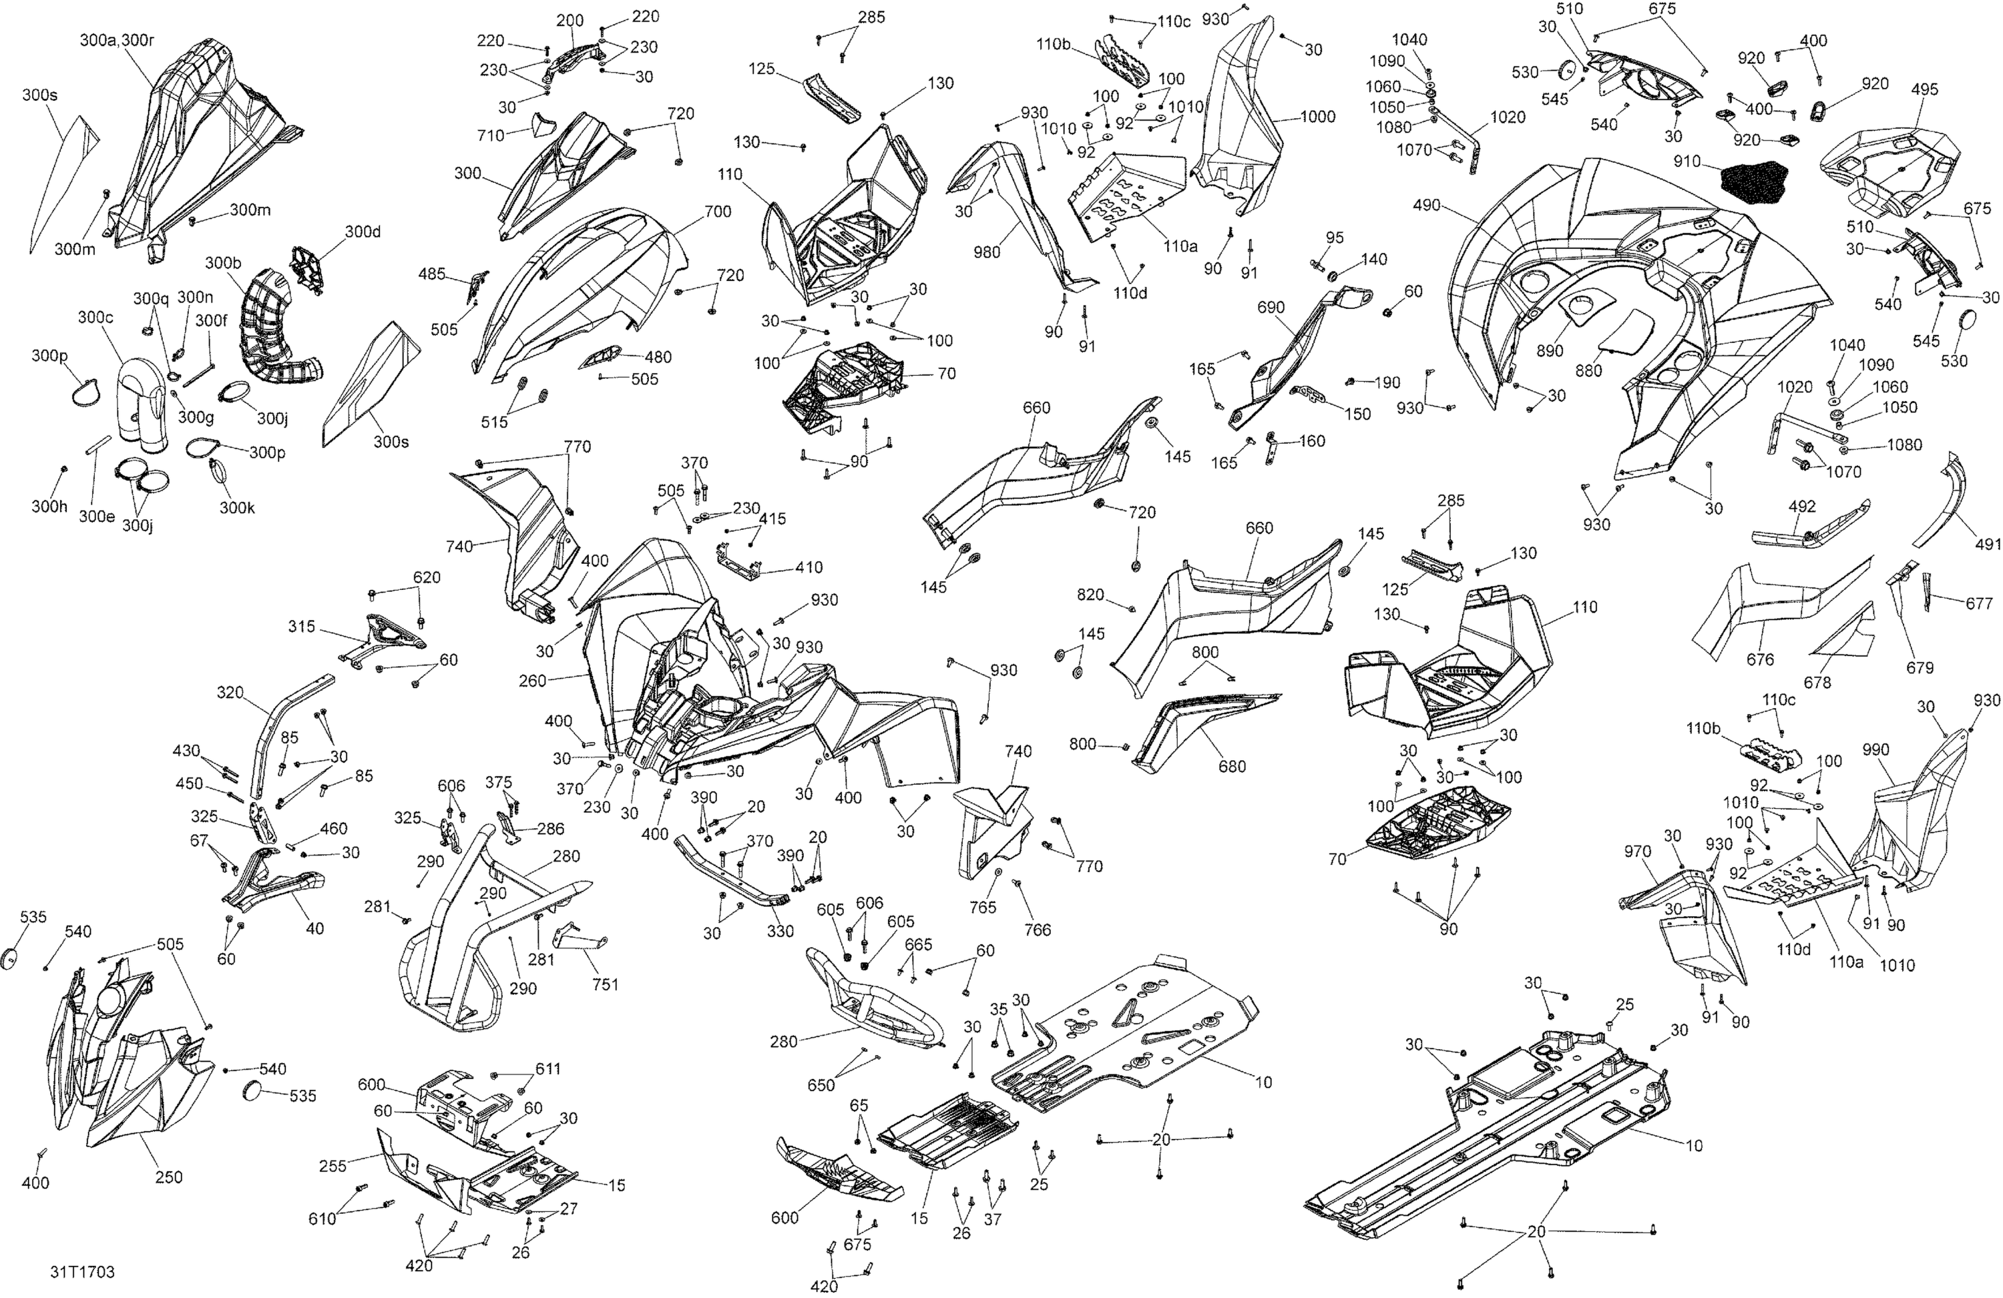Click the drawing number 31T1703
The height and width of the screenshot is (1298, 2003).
[81, 1273]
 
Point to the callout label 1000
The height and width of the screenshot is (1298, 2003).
[1317, 117]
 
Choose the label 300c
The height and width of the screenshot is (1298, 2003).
[95, 317]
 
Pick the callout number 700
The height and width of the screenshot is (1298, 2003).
[717, 212]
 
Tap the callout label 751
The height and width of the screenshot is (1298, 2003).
[605, 984]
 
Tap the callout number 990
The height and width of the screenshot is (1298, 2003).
[1876, 750]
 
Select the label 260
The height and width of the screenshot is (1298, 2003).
[533, 681]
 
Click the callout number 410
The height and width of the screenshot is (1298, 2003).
[809, 567]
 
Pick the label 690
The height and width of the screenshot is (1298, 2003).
[1271, 308]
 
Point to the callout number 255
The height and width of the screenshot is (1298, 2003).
[333, 1167]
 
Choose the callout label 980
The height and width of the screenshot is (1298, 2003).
[987, 252]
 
